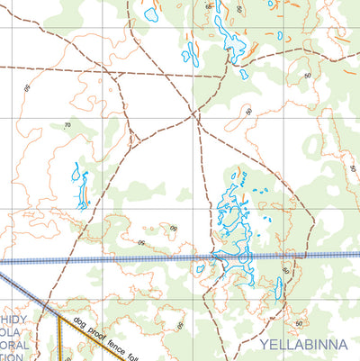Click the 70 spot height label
pos(67,125)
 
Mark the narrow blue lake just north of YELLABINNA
pos(279,288)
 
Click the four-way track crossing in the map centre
pos(194,114)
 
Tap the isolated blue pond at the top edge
pos(150,14)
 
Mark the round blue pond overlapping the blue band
pos(243,259)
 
